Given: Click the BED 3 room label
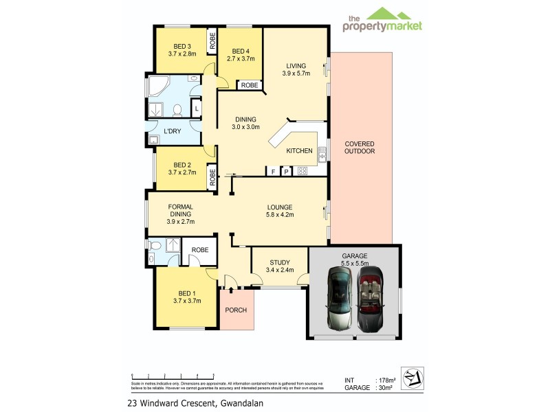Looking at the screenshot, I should click(182, 49).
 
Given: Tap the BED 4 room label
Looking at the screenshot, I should click(241, 55).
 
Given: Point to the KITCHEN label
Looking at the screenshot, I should click(299, 150).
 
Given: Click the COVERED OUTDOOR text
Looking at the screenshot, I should click(360, 148).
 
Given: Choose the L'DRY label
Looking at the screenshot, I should click(172, 130).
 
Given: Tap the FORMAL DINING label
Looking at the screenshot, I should click(181, 214).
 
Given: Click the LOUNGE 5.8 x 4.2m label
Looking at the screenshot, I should click(280, 211).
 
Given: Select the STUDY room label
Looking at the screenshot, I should click(279, 266).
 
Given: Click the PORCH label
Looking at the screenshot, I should click(236, 310).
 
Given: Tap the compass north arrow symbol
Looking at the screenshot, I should click(411, 378).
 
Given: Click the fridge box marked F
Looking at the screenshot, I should click(273, 171).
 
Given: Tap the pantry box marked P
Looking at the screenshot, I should click(286, 171).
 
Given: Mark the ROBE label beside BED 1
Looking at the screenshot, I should click(200, 250).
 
